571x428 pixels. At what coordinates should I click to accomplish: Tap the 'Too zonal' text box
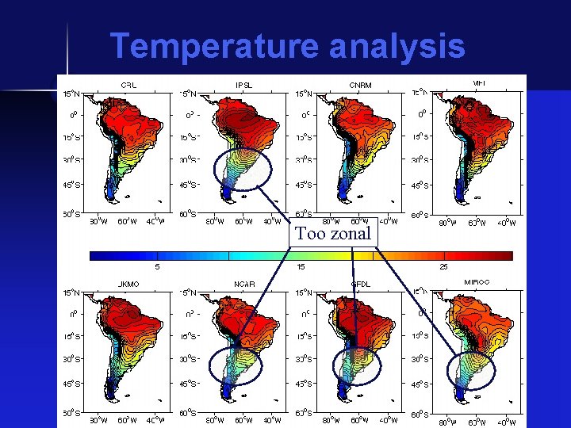coord(333,234)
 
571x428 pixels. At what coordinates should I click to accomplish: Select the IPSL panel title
coord(243,84)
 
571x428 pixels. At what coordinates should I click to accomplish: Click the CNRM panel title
coord(360,84)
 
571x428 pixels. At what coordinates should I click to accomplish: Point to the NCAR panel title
coord(244,283)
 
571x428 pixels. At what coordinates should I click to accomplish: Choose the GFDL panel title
coord(361,283)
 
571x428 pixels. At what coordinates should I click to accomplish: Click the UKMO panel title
coord(128,283)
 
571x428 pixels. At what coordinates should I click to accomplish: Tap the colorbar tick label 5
coord(157,267)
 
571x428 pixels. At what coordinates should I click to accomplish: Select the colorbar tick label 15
coord(301,267)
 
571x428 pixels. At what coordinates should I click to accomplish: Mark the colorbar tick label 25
coord(444,267)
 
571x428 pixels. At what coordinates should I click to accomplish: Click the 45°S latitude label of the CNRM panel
coord(304,185)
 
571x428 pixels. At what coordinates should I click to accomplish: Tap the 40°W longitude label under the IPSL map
coord(271,222)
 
